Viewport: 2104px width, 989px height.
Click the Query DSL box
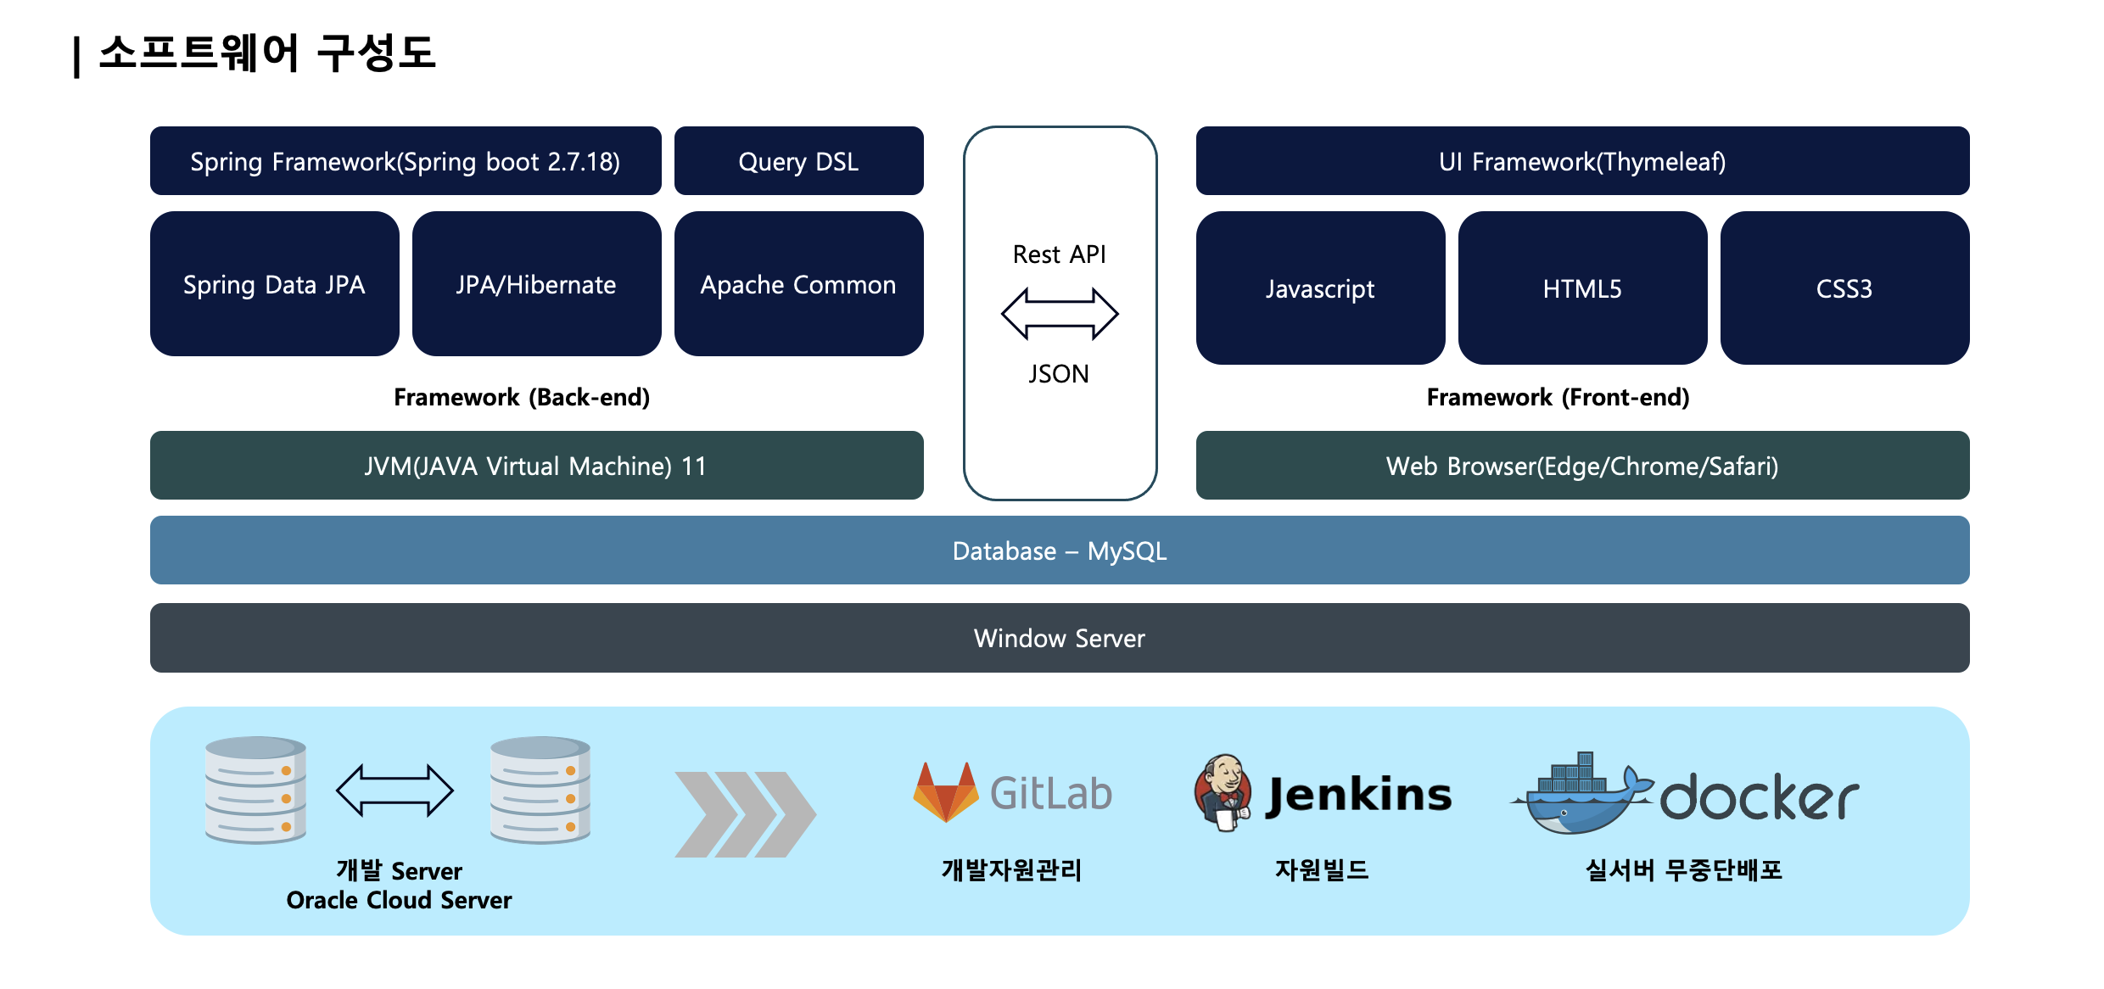click(798, 161)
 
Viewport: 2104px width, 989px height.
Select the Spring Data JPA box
click(274, 284)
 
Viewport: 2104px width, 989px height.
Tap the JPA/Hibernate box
click(536, 284)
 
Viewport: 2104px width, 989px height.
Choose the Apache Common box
click(798, 284)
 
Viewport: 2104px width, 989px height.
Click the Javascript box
click(1320, 288)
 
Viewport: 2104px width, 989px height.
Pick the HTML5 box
click(1582, 288)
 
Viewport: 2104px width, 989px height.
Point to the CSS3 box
click(1844, 288)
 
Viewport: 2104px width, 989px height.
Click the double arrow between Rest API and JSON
click(1060, 314)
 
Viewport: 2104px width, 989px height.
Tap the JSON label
click(1059, 374)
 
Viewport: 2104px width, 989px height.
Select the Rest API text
click(1060, 254)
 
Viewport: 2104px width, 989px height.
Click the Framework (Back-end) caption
click(522, 397)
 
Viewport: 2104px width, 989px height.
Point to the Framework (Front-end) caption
click(1558, 397)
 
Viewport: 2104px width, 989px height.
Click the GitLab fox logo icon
click(945, 792)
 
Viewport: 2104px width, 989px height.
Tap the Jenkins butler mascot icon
click(1223, 793)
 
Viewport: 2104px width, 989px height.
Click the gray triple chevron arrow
click(745, 814)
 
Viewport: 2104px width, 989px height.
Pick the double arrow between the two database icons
click(394, 791)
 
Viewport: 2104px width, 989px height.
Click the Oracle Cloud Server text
click(399, 900)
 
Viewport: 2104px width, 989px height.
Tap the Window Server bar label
click(1060, 639)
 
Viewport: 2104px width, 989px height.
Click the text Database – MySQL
click(1060, 551)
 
